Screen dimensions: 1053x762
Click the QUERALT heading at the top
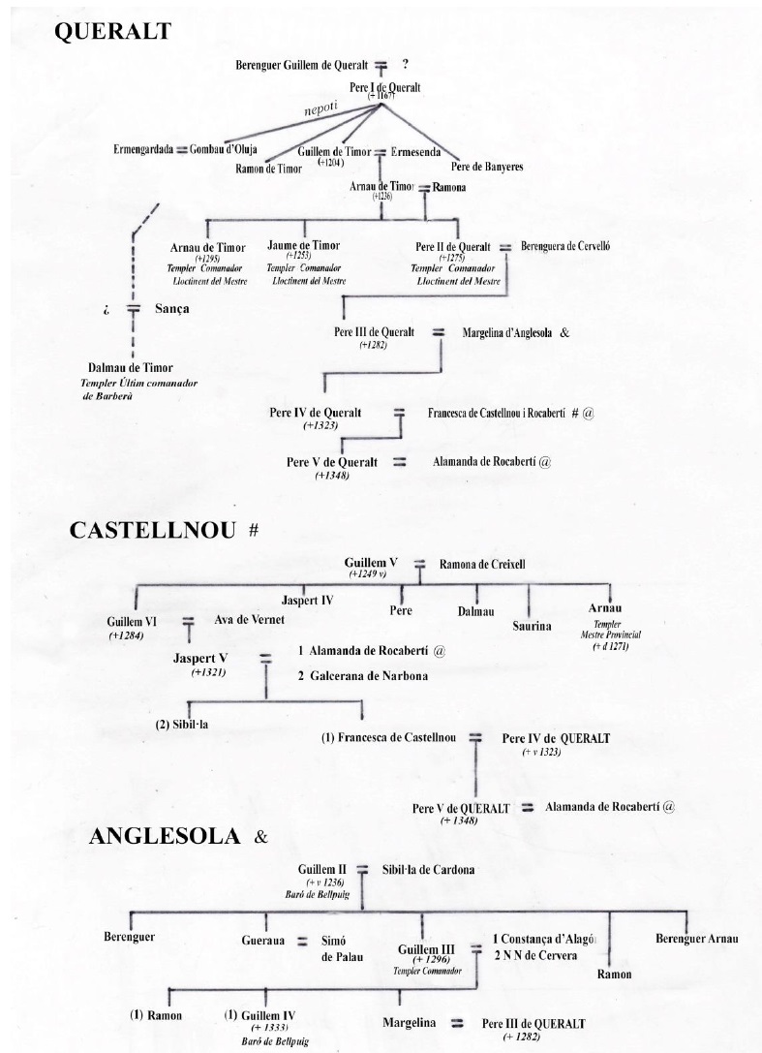[113, 32]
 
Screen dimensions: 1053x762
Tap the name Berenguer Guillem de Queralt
[301, 66]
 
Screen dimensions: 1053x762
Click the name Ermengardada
[142, 150]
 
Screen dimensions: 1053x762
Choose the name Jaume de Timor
[303, 246]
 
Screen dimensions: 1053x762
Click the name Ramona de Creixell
[482, 564]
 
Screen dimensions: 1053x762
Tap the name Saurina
[532, 626]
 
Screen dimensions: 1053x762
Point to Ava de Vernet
[245, 620]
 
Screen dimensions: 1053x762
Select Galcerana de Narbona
[364, 676]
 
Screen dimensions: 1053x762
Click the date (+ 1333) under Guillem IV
[269, 1028]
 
